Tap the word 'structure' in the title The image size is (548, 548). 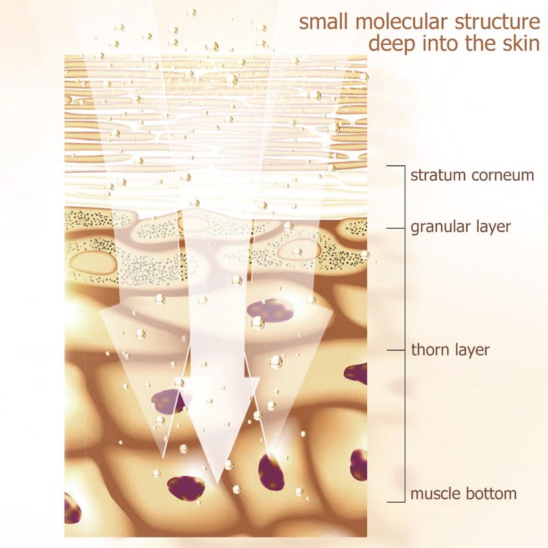pyautogui.click(x=498, y=22)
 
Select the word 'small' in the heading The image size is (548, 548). pyautogui.click(x=324, y=22)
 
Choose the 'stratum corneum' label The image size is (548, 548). pyautogui.click(x=472, y=175)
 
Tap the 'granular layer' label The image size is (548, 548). pyautogui.click(x=460, y=227)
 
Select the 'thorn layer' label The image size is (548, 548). pyautogui.click(x=450, y=350)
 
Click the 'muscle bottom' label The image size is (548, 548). pyautogui.click(x=464, y=494)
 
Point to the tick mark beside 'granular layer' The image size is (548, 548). pyautogui.click(x=395, y=229)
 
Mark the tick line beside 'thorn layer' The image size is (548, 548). pyautogui.click(x=395, y=350)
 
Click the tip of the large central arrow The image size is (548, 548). pyautogui.click(x=216, y=484)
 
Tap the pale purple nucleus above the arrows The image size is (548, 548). pyautogui.click(x=269, y=310)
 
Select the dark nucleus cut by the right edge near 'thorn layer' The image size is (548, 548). pyautogui.click(x=356, y=374)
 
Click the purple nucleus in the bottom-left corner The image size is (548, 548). pyautogui.click(x=72, y=508)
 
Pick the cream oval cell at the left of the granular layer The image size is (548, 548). pyautogui.click(x=93, y=263)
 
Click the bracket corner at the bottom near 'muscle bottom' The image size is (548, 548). pyautogui.click(x=405, y=502)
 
